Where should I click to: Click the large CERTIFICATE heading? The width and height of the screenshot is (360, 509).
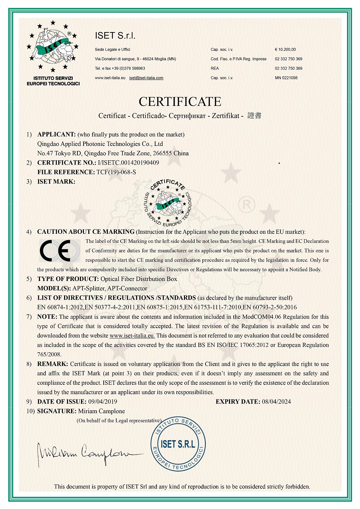[x=180, y=102]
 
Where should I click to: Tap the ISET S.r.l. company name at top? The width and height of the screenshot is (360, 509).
[x=115, y=36]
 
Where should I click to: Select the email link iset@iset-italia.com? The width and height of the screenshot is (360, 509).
[x=146, y=78]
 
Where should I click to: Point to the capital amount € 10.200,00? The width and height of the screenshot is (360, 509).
[x=285, y=49]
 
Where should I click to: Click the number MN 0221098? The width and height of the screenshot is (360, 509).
[x=286, y=78]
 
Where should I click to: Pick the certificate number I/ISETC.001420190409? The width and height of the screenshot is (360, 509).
[x=128, y=163]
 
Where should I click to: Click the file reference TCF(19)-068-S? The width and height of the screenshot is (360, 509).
[x=116, y=172]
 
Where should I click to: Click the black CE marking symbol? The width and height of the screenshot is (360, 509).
[x=60, y=251]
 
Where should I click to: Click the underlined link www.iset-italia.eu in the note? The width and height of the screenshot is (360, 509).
[x=132, y=336]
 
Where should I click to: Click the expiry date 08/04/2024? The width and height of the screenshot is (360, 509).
[x=276, y=402]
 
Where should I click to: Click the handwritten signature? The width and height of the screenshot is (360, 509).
[x=86, y=453]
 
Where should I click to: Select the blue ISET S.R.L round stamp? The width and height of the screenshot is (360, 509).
[x=178, y=444]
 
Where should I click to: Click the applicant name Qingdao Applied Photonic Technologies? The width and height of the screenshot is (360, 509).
[x=100, y=144]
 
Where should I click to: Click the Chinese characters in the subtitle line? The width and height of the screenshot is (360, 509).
[x=255, y=116]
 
